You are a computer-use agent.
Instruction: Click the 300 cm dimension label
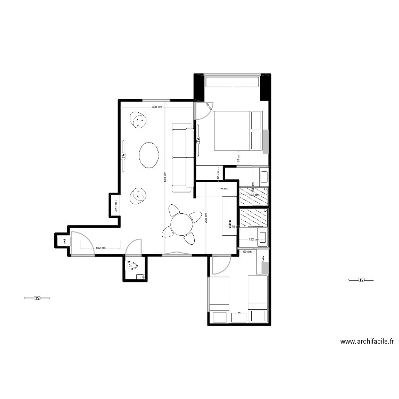point(156,107)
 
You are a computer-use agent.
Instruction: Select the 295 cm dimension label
point(206,218)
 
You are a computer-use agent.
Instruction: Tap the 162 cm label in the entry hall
point(100,248)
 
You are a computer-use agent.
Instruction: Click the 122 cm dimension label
point(253,239)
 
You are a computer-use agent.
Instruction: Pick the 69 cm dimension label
point(247,251)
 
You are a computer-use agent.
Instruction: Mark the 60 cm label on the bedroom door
point(208,106)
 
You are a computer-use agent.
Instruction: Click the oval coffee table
point(148,155)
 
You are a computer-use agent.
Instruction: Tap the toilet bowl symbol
point(133,265)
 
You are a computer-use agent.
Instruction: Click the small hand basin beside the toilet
point(140,277)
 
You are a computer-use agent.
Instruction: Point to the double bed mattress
point(232,130)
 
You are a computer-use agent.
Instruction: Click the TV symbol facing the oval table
point(122,156)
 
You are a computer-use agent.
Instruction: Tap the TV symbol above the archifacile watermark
point(361,280)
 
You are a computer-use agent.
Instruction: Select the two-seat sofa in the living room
point(182,157)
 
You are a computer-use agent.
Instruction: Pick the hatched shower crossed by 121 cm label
point(253,196)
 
